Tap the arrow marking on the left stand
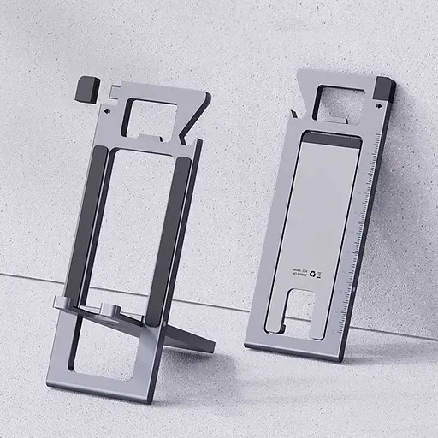click(105, 111)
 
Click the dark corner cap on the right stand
click(384, 88)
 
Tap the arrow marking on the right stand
click(377, 107)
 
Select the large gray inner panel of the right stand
click(317, 214)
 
